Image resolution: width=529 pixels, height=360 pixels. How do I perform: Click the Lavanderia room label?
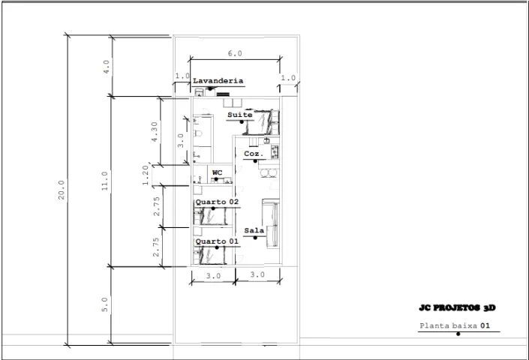point(218,80)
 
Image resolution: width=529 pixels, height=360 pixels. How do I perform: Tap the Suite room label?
point(240,115)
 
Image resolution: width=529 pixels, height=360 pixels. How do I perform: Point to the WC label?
point(218,172)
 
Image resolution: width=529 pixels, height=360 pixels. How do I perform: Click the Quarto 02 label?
point(217,202)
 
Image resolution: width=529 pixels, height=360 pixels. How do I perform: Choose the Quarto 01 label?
point(217,241)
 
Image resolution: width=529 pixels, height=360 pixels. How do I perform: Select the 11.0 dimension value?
point(105,181)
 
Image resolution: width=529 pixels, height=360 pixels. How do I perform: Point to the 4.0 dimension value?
point(107,66)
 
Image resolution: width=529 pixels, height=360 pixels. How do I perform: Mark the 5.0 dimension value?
point(105,304)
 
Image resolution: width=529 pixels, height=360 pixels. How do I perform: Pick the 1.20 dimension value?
point(147,175)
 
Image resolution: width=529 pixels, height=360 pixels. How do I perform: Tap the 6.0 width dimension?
point(235,53)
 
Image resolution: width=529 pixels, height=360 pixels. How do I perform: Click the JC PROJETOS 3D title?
point(457,308)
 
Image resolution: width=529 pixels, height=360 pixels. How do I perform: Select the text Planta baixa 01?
point(455,325)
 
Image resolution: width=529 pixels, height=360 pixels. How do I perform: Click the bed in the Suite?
point(264,120)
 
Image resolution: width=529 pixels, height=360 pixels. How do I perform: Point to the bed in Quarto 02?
point(213,217)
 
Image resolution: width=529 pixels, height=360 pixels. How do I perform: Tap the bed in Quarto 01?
point(213,256)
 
